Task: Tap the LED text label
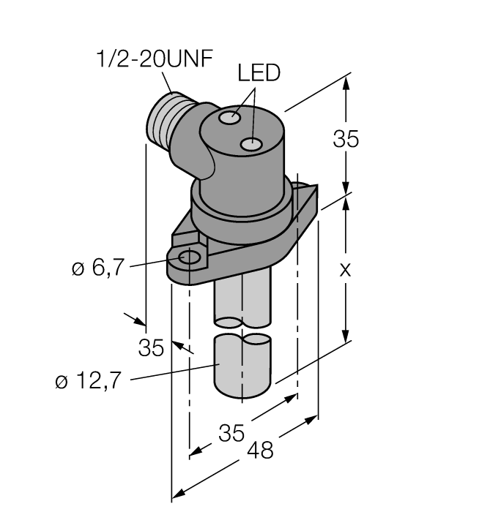pyautogui.click(x=259, y=73)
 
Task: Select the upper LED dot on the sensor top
pyautogui.click(x=233, y=117)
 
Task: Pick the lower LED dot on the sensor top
pyautogui.click(x=253, y=144)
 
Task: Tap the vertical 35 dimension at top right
pyautogui.click(x=346, y=139)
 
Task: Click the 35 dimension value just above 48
pyautogui.click(x=231, y=434)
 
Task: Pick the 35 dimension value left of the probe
pyautogui.click(x=151, y=349)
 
